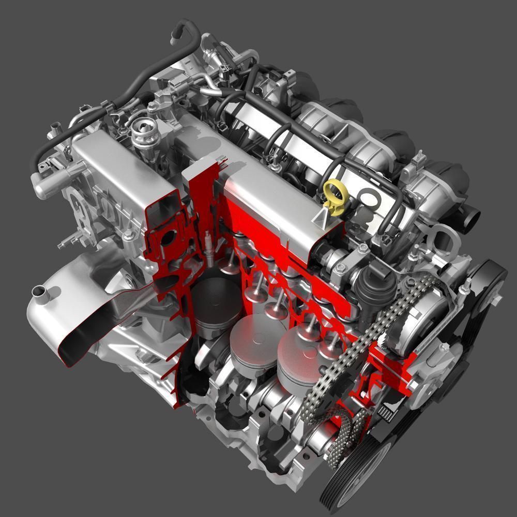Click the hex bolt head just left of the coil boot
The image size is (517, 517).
point(340,268)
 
